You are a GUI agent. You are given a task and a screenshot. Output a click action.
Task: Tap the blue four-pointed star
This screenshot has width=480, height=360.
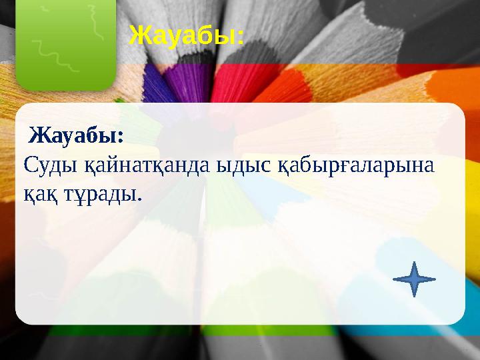[x=414, y=279]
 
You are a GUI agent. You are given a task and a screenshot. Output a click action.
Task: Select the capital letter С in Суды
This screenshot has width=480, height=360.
[x=30, y=165]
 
